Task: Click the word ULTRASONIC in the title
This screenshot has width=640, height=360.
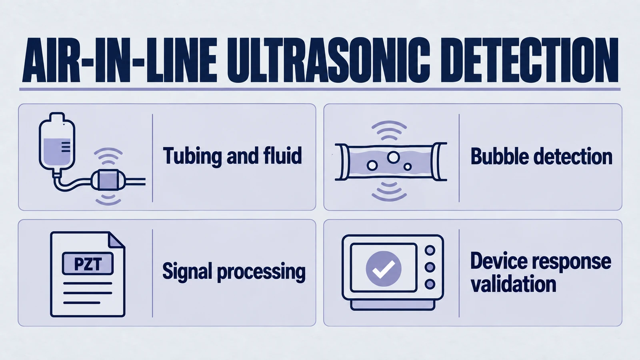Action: click(328, 60)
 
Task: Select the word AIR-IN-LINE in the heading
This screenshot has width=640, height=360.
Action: click(120, 60)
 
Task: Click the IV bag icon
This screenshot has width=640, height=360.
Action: click(57, 142)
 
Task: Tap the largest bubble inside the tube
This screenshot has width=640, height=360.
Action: click(394, 157)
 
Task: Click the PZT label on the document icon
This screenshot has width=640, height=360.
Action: click(88, 264)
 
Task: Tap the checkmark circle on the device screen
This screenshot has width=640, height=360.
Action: click(384, 268)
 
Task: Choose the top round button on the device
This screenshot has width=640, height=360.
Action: click(430, 250)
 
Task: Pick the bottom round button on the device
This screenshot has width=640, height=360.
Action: click(430, 284)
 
